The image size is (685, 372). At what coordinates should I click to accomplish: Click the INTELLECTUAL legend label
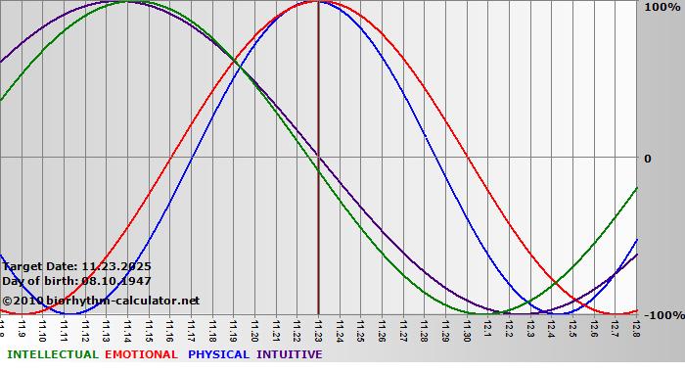[51, 354]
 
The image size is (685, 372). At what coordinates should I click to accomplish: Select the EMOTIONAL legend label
[141, 354]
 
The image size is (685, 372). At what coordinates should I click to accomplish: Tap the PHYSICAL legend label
[219, 354]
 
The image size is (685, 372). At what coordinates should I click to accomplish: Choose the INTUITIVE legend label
[290, 354]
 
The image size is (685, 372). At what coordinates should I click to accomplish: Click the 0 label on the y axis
[647, 159]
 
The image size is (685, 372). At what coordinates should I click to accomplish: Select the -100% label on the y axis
[662, 315]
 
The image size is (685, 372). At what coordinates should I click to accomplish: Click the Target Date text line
[76, 265]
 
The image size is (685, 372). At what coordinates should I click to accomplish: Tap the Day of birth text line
[76, 281]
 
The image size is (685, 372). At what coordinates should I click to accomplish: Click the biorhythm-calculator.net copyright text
[100, 301]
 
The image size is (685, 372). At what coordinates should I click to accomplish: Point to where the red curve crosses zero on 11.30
[468, 157]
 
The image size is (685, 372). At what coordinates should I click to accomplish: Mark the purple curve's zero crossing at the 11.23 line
[318, 157]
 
